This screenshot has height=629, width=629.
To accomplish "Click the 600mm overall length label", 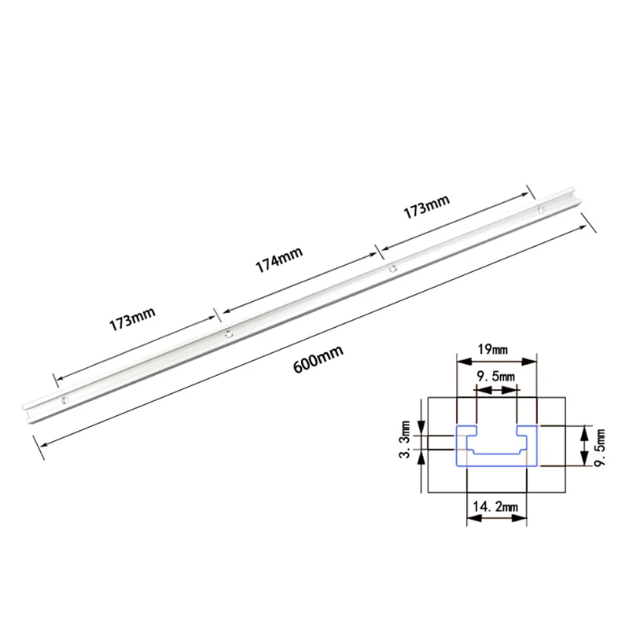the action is (x=318, y=359).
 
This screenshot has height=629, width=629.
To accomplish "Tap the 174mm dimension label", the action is (x=279, y=259).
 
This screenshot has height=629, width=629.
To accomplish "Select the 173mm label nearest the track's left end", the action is (x=132, y=319).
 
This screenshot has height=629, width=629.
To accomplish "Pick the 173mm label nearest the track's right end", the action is (x=426, y=207).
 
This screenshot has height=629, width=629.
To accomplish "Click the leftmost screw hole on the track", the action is (x=64, y=400).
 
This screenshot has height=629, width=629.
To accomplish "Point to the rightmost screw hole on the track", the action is (x=542, y=209).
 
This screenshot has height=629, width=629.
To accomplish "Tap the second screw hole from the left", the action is (x=229, y=333).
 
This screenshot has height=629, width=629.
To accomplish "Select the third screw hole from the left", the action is (x=392, y=269).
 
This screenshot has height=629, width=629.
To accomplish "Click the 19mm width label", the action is (x=493, y=349).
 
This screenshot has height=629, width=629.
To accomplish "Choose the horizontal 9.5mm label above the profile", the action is (x=495, y=377).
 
